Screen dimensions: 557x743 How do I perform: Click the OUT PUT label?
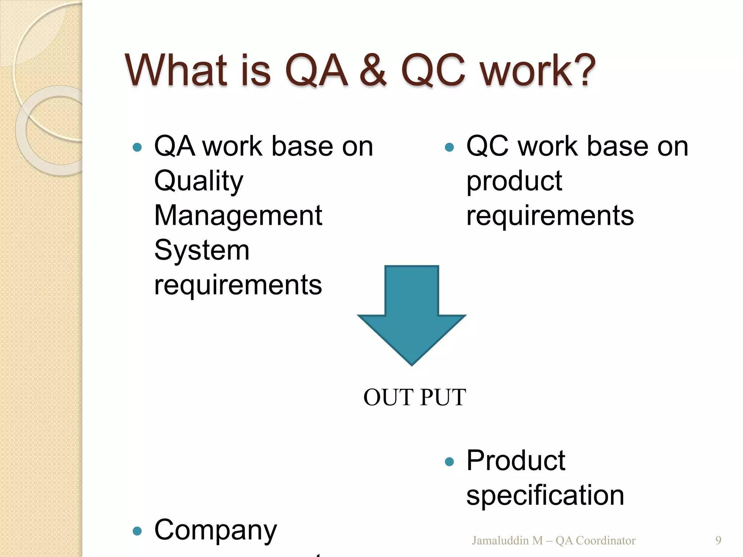pyautogui.click(x=415, y=397)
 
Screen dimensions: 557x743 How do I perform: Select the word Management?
pyautogui.click(x=238, y=215)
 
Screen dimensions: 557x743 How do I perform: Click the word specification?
pyautogui.click(x=545, y=495)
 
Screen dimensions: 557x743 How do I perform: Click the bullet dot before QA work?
pyautogui.click(x=137, y=147)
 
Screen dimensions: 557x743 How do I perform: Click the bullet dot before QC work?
pyautogui.click(x=449, y=147)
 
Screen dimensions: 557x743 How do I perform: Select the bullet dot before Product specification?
pyautogui.click(x=449, y=462)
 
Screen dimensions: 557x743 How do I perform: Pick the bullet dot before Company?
pyautogui.click(x=137, y=531)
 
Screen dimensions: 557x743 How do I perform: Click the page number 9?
pyautogui.click(x=718, y=540)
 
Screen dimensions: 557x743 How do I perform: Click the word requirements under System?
pyautogui.click(x=238, y=285)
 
